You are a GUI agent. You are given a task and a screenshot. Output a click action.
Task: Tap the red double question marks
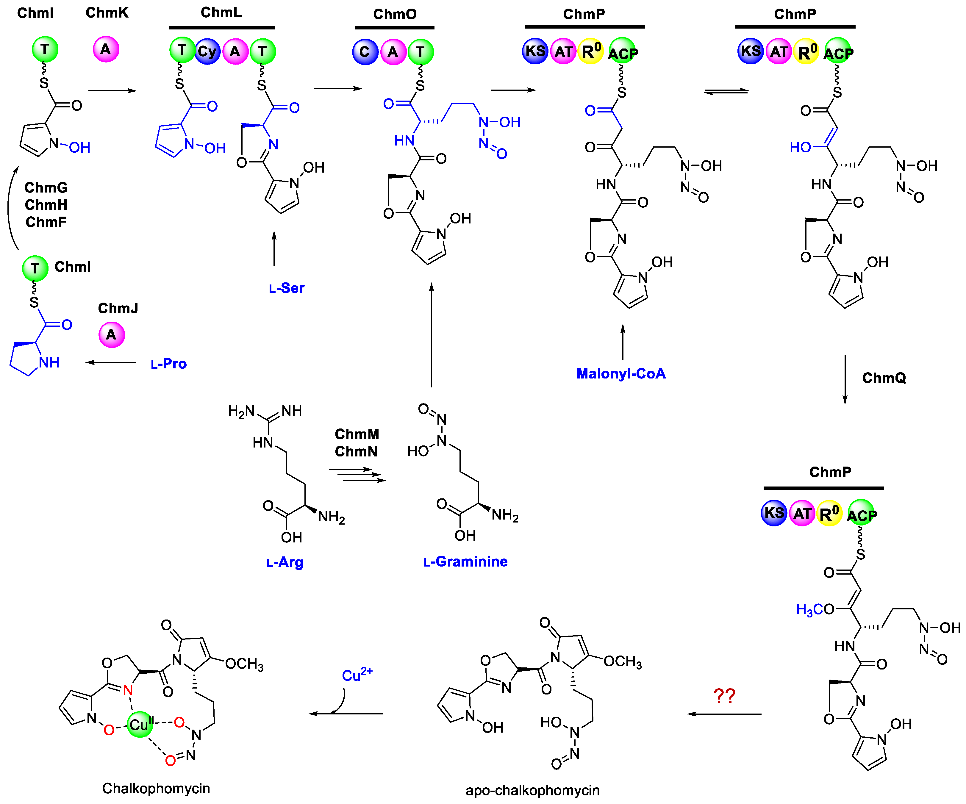(x=724, y=696)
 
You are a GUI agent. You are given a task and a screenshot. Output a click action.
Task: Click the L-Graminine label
(x=465, y=561)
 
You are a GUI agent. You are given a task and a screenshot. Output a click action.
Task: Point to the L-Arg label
(x=285, y=562)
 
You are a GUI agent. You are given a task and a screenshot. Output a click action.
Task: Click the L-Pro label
(x=168, y=364)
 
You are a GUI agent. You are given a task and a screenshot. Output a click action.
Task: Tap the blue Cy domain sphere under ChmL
(x=207, y=51)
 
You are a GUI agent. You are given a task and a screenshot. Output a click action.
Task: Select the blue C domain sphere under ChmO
(x=365, y=51)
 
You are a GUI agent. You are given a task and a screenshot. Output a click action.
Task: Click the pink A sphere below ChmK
(x=106, y=49)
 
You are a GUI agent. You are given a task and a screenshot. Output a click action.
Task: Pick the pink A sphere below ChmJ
(x=111, y=334)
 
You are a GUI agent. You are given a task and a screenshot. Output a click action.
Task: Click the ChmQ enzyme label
(x=884, y=378)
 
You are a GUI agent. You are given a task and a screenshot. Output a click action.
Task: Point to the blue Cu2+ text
(x=357, y=675)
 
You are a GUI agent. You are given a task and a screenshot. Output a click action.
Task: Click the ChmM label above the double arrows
(x=357, y=434)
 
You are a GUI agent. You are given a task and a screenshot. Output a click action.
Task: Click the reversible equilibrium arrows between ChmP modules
(x=726, y=92)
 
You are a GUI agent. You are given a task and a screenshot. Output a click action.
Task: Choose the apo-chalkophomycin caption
(x=532, y=790)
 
